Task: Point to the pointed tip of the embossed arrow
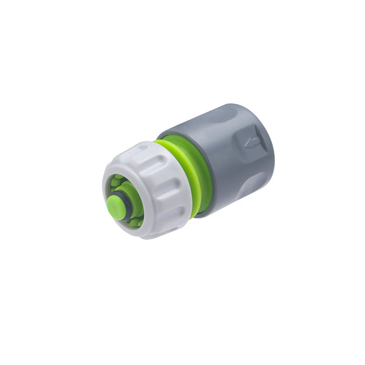coord(245,145)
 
